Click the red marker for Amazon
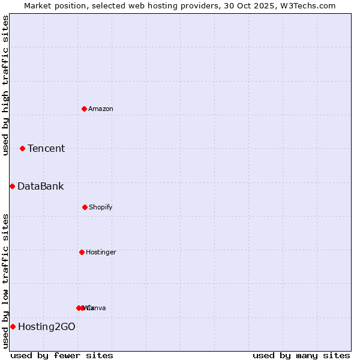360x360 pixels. (84, 109)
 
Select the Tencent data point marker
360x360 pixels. (22, 148)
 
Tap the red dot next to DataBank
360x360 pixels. (12, 186)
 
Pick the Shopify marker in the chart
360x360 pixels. (85, 207)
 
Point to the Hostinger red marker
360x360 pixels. (82, 252)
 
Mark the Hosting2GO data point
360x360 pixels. (13, 326)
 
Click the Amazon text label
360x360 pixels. (101, 109)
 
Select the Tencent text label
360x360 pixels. (46, 148)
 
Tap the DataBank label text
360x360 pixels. (40, 186)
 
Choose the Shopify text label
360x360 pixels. (101, 207)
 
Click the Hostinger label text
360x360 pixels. (101, 252)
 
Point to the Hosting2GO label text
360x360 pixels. (47, 326)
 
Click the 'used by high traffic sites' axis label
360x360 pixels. (5, 85)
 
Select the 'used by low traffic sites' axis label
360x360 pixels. (5, 281)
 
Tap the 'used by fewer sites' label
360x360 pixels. (62, 355)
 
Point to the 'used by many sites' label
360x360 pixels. (301, 355)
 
